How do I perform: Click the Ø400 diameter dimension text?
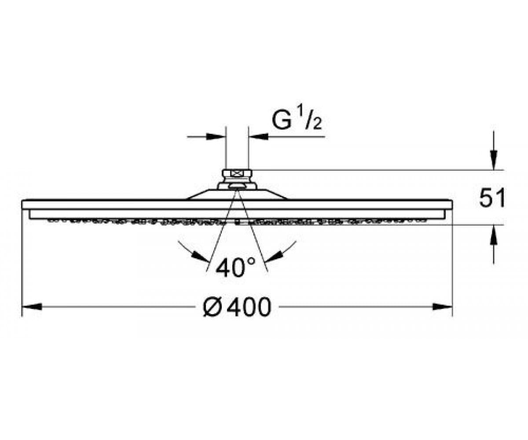tap(237, 307)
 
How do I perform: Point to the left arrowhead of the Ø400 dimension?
tap(32, 307)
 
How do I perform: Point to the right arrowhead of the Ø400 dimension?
tap(443, 307)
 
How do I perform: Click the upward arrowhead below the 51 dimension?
tap(493, 235)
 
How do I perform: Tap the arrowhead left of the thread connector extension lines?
tap(216, 136)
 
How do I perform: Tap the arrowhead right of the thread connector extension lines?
tap(258, 136)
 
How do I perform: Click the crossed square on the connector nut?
tap(237, 174)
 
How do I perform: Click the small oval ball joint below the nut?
tap(237, 187)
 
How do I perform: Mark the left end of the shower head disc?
tap(22, 205)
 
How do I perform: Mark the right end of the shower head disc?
tap(452, 205)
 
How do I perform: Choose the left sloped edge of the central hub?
tap(198, 194)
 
